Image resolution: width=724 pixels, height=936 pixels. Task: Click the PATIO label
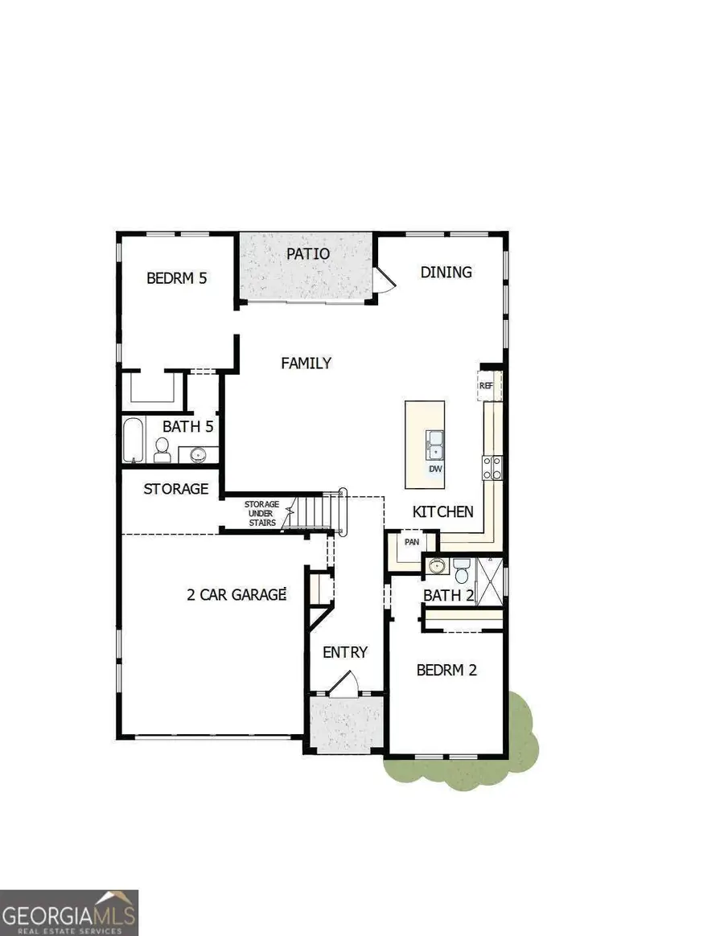point(307,253)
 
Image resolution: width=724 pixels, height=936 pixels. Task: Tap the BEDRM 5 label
point(176,278)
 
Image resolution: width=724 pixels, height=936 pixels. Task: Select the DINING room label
point(446,273)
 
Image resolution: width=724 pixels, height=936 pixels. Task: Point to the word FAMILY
point(306,363)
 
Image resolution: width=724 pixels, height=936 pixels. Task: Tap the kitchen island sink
point(435,445)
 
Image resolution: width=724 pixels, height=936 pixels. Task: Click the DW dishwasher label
point(435,469)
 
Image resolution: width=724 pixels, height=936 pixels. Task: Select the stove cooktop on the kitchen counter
point(492,467)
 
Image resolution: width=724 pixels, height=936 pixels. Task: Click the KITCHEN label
point(442,511)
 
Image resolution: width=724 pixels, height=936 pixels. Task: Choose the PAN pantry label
point(412,542)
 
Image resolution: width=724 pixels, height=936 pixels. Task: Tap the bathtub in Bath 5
point(134,440)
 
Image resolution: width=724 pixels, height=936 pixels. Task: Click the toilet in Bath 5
point(162,450)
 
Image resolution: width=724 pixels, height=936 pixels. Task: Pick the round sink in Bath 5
point(199,455)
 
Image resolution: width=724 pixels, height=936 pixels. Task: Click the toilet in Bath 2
point(461,571)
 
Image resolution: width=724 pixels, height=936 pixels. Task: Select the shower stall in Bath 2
point(490,581)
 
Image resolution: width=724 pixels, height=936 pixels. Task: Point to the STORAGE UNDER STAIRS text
point(261,513)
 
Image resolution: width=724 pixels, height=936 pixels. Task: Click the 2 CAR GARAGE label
point(237,594)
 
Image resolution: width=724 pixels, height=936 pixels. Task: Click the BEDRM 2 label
point(446,670)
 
